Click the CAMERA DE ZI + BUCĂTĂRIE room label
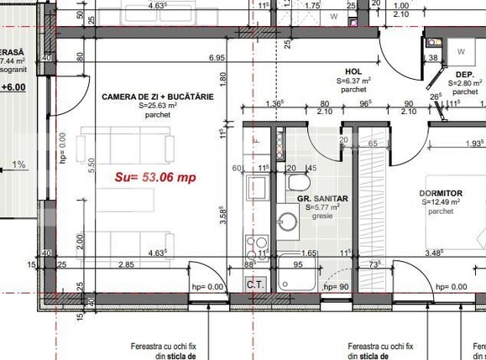(x=157, y=97)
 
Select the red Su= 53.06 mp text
(x=154, y=178)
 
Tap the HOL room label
(x=353, y=72)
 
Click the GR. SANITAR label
(x=323, y=199)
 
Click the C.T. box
(x=255, y=284)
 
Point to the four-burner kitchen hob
(x=253, y=246)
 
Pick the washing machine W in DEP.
(x=462, y=50)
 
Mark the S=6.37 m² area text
(x=353, y=81)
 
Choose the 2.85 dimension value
(x=127, y=265)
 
